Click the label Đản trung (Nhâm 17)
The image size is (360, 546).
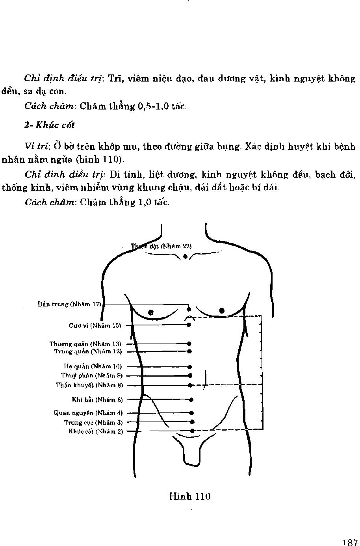[70, 304]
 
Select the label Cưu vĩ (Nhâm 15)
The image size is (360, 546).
[95, 325]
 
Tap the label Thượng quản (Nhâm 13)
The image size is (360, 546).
[85, 344]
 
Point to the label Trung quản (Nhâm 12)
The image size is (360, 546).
[88, 351]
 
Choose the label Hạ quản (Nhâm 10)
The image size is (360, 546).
[93, 366]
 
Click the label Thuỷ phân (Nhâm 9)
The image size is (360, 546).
[91, 375]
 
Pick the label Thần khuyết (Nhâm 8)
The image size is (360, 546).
[89, 385]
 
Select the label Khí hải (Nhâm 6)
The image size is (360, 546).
[97, 399]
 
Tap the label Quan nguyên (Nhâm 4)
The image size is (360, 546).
[88, 413]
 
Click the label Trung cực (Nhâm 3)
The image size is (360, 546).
[93, 422]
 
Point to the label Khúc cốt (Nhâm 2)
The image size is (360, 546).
[96, 431]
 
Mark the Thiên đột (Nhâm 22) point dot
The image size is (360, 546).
[185, 256]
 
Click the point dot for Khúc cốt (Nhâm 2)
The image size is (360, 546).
[192, 431]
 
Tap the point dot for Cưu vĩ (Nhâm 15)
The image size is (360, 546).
[189, 325]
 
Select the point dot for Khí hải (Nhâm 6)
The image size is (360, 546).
[191, 399]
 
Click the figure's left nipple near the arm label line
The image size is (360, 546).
[150, 312]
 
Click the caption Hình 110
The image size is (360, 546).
[190, 496]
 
